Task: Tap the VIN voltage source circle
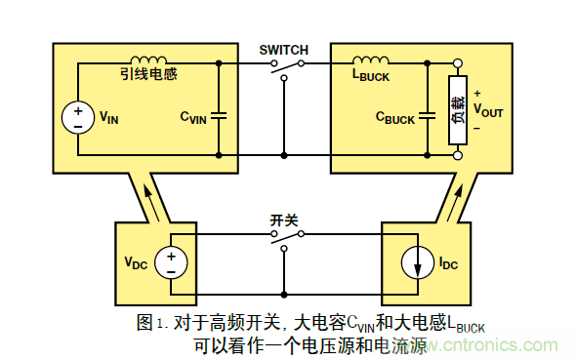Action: [76, 118]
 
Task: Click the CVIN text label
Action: [192, 117]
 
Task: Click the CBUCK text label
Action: [395, 118]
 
